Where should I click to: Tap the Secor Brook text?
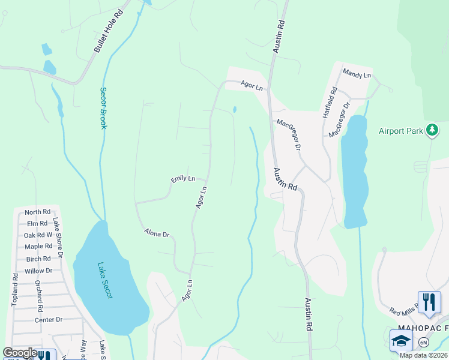click(103, 109)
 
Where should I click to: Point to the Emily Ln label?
click(183, 178)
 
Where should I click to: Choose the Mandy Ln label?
click(357, 73)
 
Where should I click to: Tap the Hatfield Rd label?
click(330, 101)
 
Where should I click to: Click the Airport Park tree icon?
click(432, 130)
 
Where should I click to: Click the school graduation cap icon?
click(401, 341)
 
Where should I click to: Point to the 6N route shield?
click(424, 342)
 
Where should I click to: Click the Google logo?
click(20, 353)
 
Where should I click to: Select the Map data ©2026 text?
click(423, 355)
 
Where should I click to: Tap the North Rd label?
click(38, 212)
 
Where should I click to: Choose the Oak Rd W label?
click(38, 235)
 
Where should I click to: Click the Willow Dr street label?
click(38, 271)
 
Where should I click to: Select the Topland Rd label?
click(15, 290)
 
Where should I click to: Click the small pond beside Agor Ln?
click(234, 110)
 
